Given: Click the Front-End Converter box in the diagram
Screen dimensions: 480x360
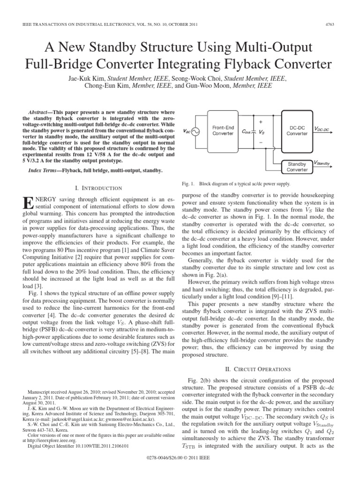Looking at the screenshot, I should click(223, 130).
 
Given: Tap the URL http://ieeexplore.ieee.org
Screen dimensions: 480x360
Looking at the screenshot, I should click(49, 440).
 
